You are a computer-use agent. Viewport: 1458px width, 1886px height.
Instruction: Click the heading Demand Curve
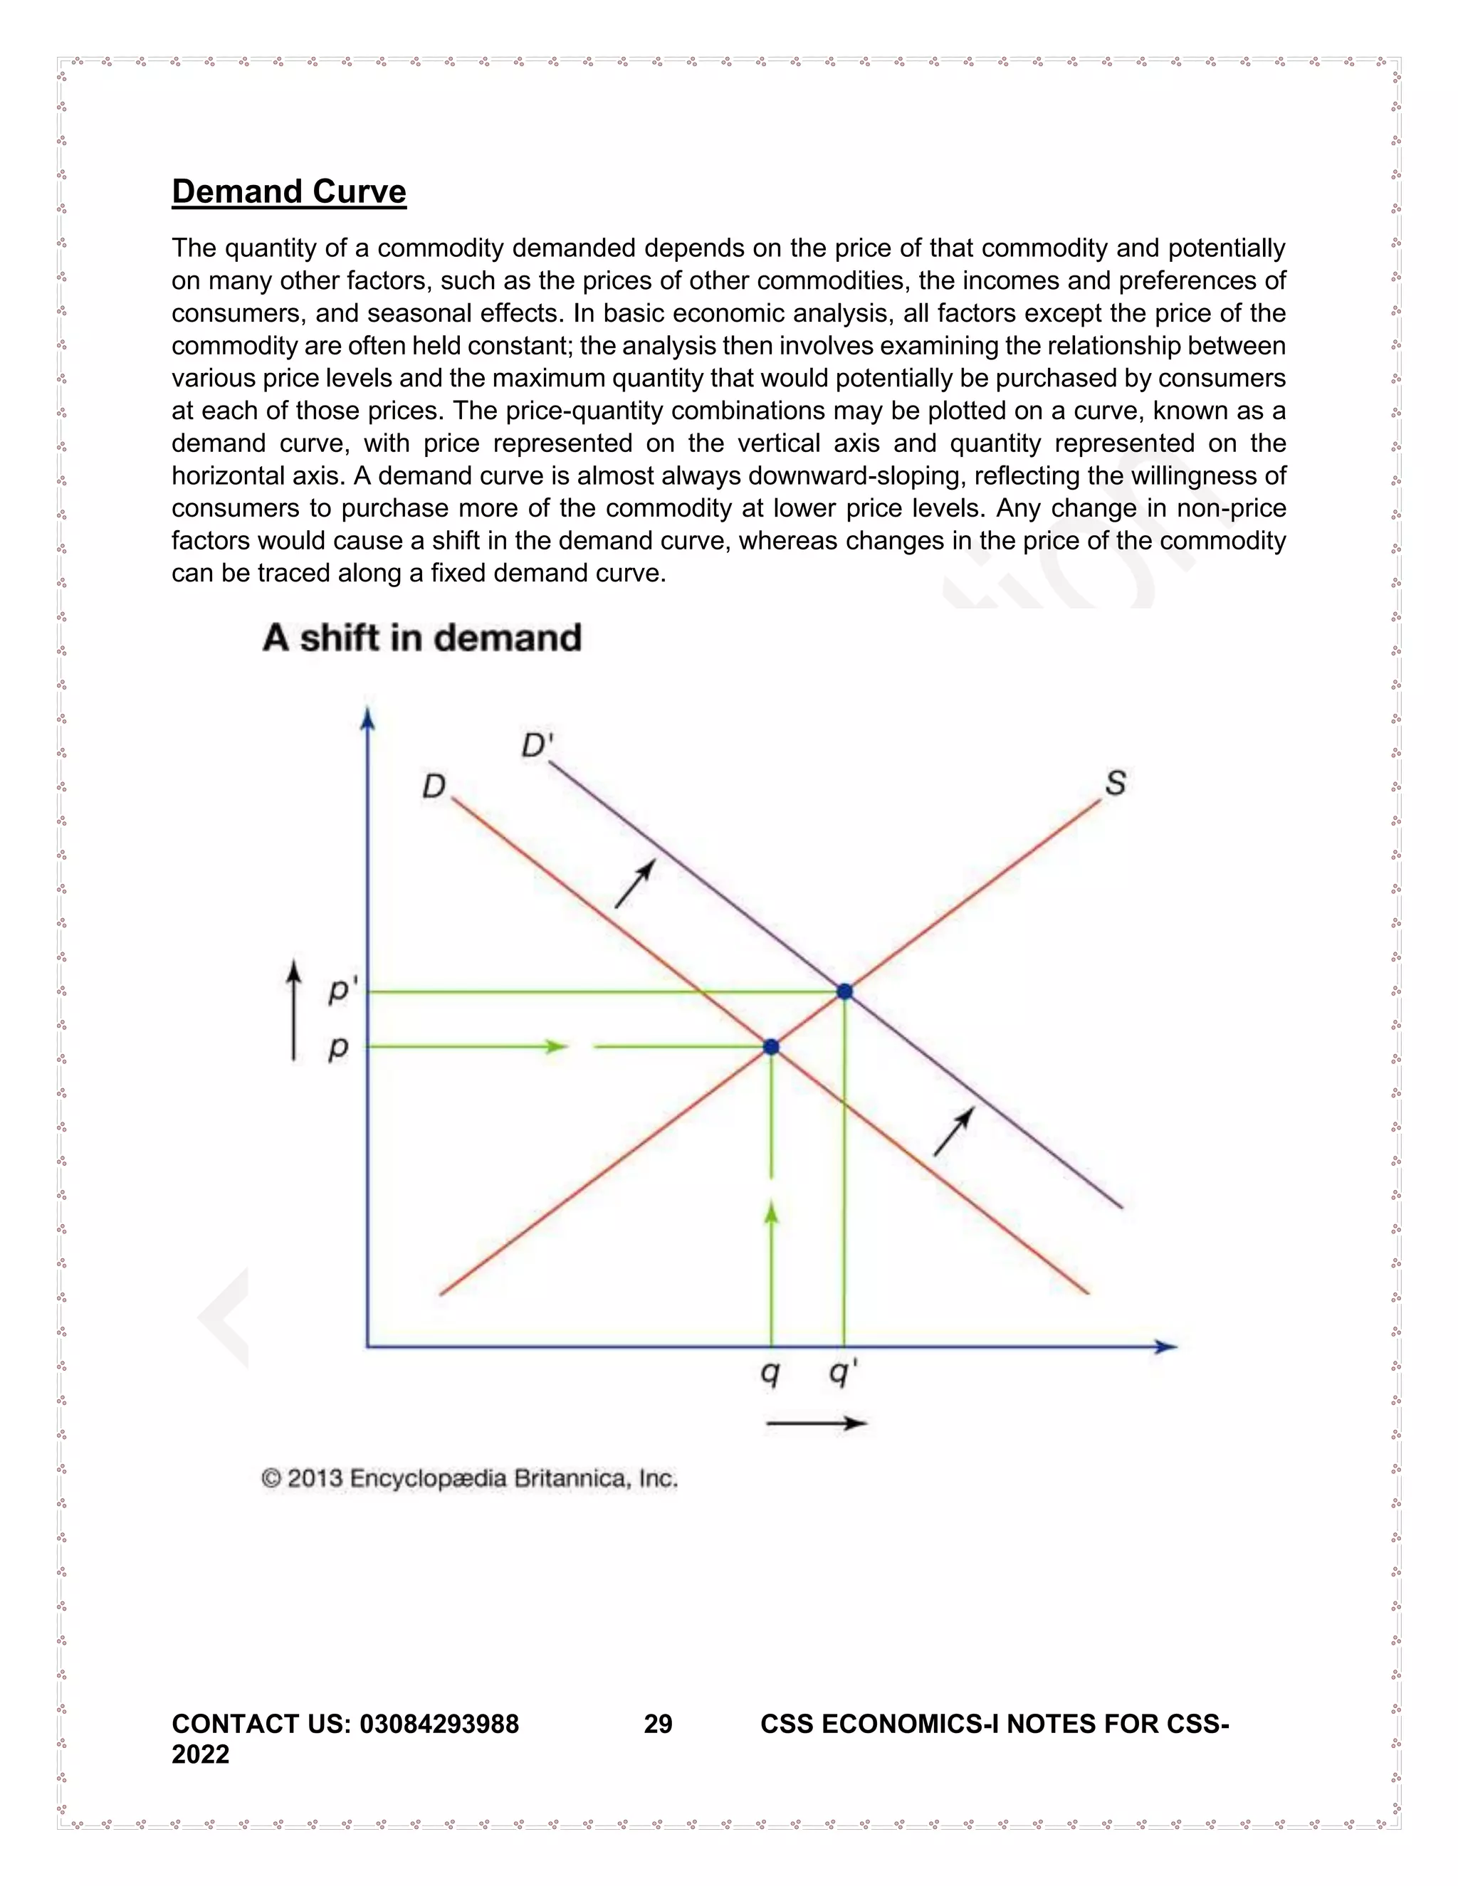pos(288,191)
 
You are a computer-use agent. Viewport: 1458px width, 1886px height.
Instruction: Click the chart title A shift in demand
pos(421,638)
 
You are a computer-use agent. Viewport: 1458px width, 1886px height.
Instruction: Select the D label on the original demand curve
pos(433,786)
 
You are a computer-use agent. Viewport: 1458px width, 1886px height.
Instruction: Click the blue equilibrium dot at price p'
pos(845,991)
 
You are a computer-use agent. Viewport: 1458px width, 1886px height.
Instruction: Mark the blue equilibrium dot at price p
pos(771,1047)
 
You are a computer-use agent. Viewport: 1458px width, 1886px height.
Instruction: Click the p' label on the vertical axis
pos(341,991)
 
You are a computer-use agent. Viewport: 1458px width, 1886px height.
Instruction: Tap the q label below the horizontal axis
pos(770,1371)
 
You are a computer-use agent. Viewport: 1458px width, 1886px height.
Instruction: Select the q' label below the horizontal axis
pos(842,1371)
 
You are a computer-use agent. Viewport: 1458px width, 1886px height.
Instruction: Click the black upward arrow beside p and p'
pos(294,1011)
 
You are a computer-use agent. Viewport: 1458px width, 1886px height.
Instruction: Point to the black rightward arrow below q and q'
pos(817,1423)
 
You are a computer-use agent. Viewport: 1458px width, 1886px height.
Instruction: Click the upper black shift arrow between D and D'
pos(635,883)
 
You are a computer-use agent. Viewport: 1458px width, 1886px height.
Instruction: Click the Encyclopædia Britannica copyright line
pos(469,1478)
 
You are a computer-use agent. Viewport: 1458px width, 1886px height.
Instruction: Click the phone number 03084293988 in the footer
pos(439,1724)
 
